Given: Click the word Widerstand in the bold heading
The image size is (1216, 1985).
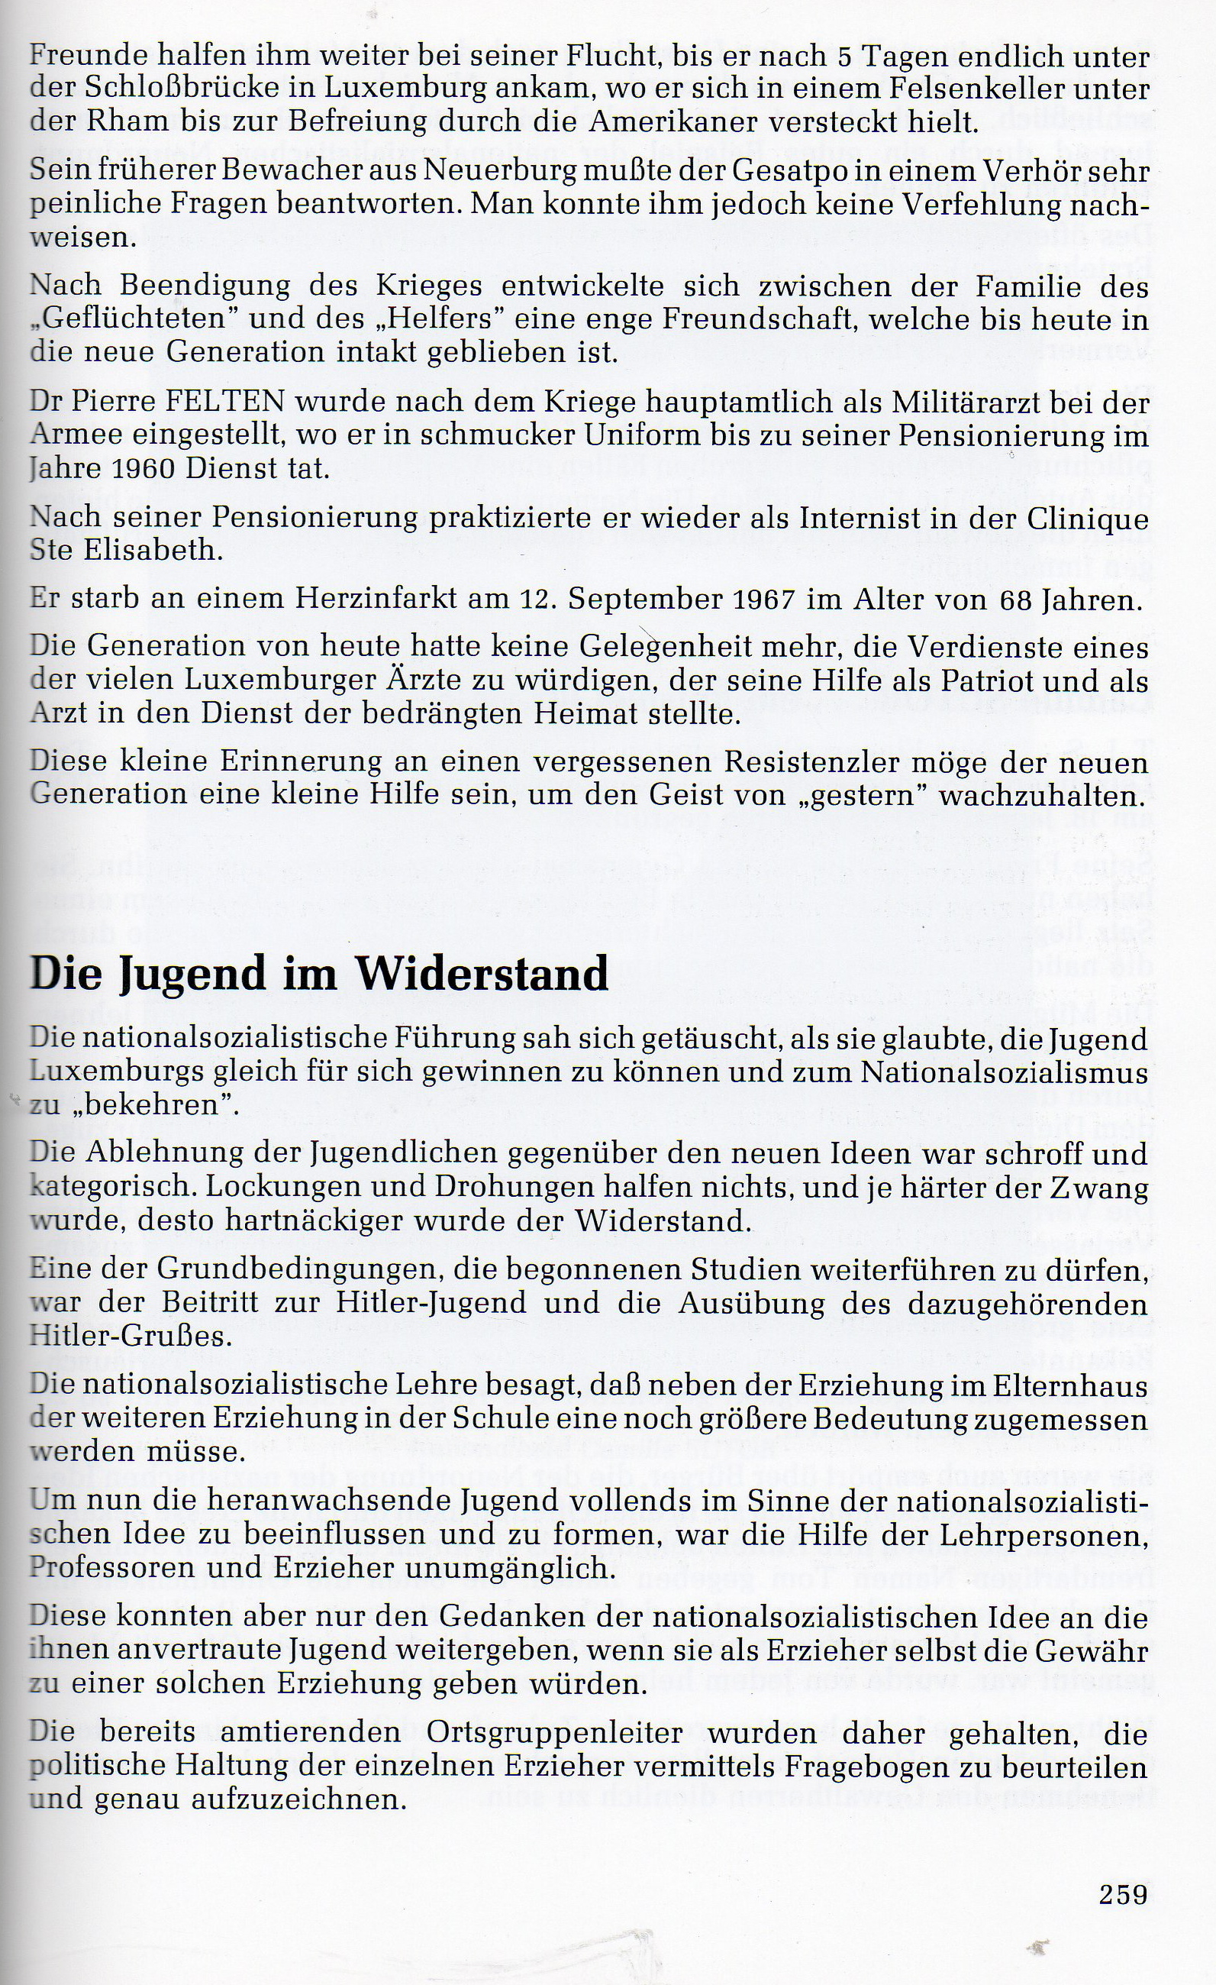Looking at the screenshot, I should click(x=482, y=974).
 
